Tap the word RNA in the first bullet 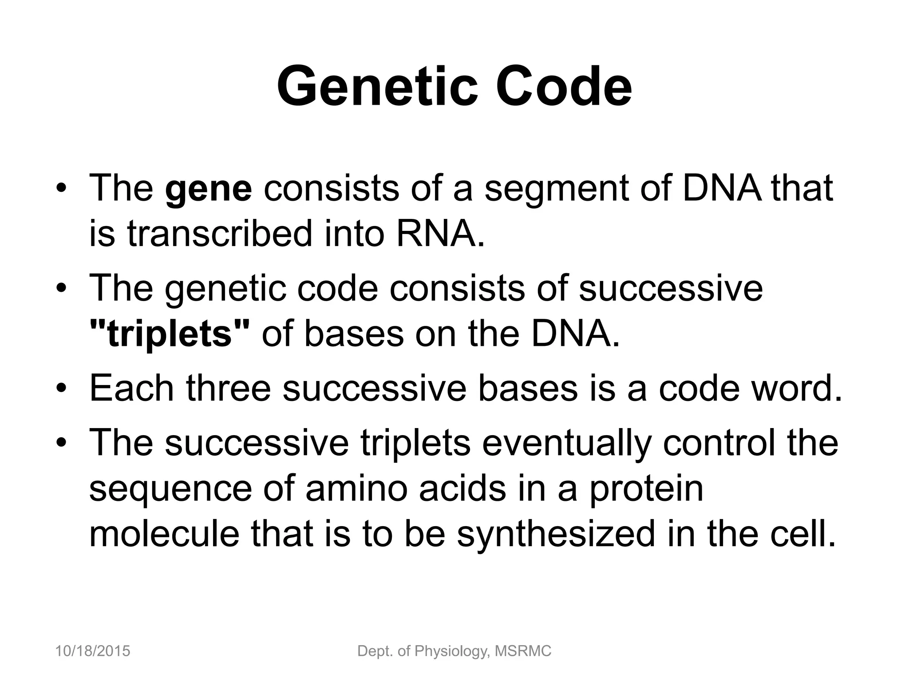(439, 234)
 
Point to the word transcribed (220, 234)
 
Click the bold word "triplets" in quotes (170, 334)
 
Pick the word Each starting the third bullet (131, 388)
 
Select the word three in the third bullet (228, 388)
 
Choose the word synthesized (556, 534)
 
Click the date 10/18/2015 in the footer (93, 651)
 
